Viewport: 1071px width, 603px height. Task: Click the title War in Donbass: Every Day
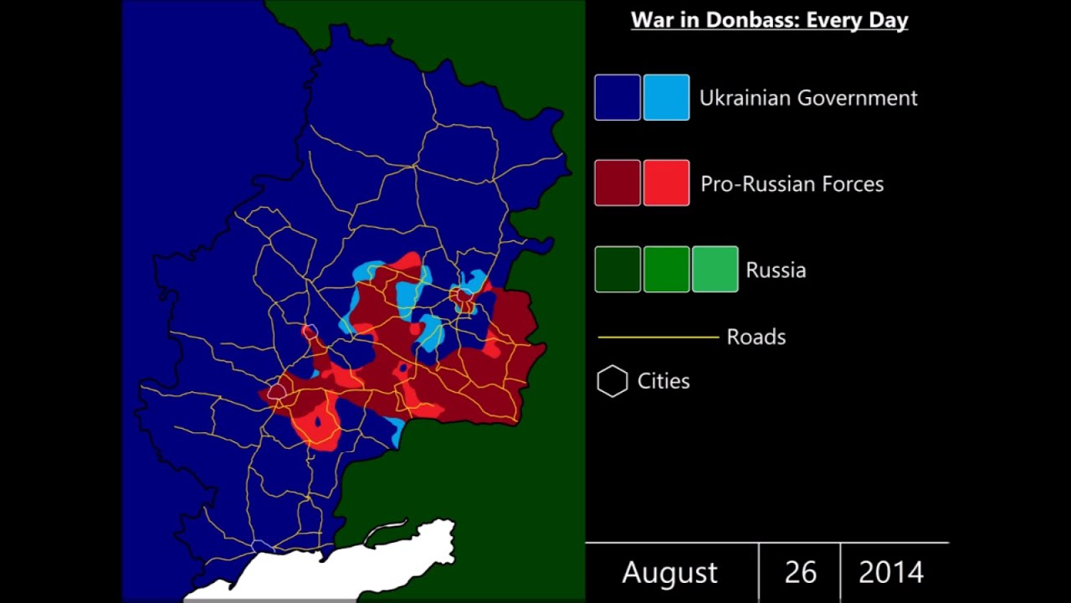point(769,20)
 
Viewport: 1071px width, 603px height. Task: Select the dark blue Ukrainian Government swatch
point(617,97)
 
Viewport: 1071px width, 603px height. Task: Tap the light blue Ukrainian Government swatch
point(666,97)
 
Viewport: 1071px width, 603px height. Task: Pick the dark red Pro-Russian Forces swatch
point(617,183)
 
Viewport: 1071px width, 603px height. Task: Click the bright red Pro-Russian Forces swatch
point(666,183)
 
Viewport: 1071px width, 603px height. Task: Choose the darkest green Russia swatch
point(617,269)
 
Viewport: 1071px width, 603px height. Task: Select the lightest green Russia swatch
point(715,269)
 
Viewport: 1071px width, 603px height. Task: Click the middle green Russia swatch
point(666,269)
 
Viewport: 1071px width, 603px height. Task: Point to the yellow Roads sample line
point(658,338)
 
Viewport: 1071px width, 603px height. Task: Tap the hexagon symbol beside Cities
point(612,381)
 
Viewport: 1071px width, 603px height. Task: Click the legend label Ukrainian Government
point(807,98)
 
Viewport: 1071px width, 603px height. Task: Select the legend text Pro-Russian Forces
point(792,184)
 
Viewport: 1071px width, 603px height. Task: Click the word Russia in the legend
point(776,271)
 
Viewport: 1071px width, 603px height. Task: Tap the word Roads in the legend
point(756,338)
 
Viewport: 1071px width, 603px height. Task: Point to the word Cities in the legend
point(664,381)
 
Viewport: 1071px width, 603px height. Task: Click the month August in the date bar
point(669,573)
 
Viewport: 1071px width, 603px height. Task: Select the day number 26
point(800,573)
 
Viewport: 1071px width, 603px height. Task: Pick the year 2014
point(891,573)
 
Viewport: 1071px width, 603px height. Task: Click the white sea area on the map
point(351,569)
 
